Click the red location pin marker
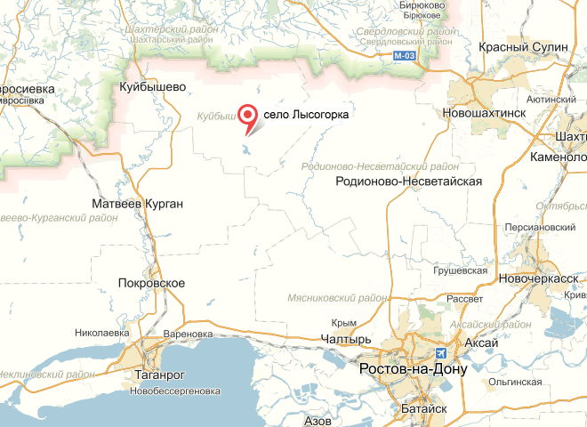coord(247,116)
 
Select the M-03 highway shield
coord(405,55)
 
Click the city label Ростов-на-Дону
coord(413,368)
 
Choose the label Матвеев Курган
coord(138,205)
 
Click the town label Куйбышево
coord(152,87)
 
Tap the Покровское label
coord(151,283)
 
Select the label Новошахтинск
coord(485,114)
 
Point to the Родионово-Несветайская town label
coord(409,181)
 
